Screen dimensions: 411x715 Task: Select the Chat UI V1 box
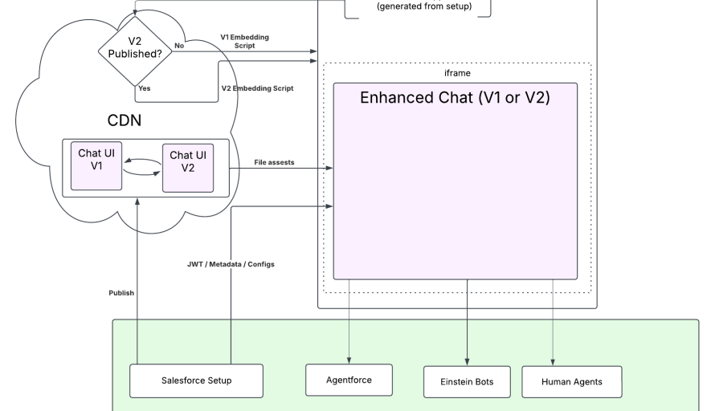coord(96,166)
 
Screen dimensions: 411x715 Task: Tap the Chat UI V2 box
coord(188,168)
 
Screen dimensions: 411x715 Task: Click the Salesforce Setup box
coord(196,380)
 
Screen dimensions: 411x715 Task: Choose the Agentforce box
coord(349,380)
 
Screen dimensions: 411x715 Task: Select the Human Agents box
coord(571,381)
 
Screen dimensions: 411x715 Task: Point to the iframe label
coord(457,73)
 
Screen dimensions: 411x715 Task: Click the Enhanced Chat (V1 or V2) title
coord(455,98)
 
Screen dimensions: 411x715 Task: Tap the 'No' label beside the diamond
coord(179,46)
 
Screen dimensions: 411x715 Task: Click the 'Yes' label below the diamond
coord(144,88)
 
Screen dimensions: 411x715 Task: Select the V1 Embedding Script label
coord(244,41)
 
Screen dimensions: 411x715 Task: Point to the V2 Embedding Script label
coord(257,88)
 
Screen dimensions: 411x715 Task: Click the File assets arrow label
coord(274,162)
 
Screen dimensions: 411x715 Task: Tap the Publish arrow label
coord(121,293)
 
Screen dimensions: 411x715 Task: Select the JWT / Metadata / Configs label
coord(231,264)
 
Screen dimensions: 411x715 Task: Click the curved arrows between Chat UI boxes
coord(141,166)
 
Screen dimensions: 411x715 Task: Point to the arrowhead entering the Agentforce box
coord(349,360)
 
